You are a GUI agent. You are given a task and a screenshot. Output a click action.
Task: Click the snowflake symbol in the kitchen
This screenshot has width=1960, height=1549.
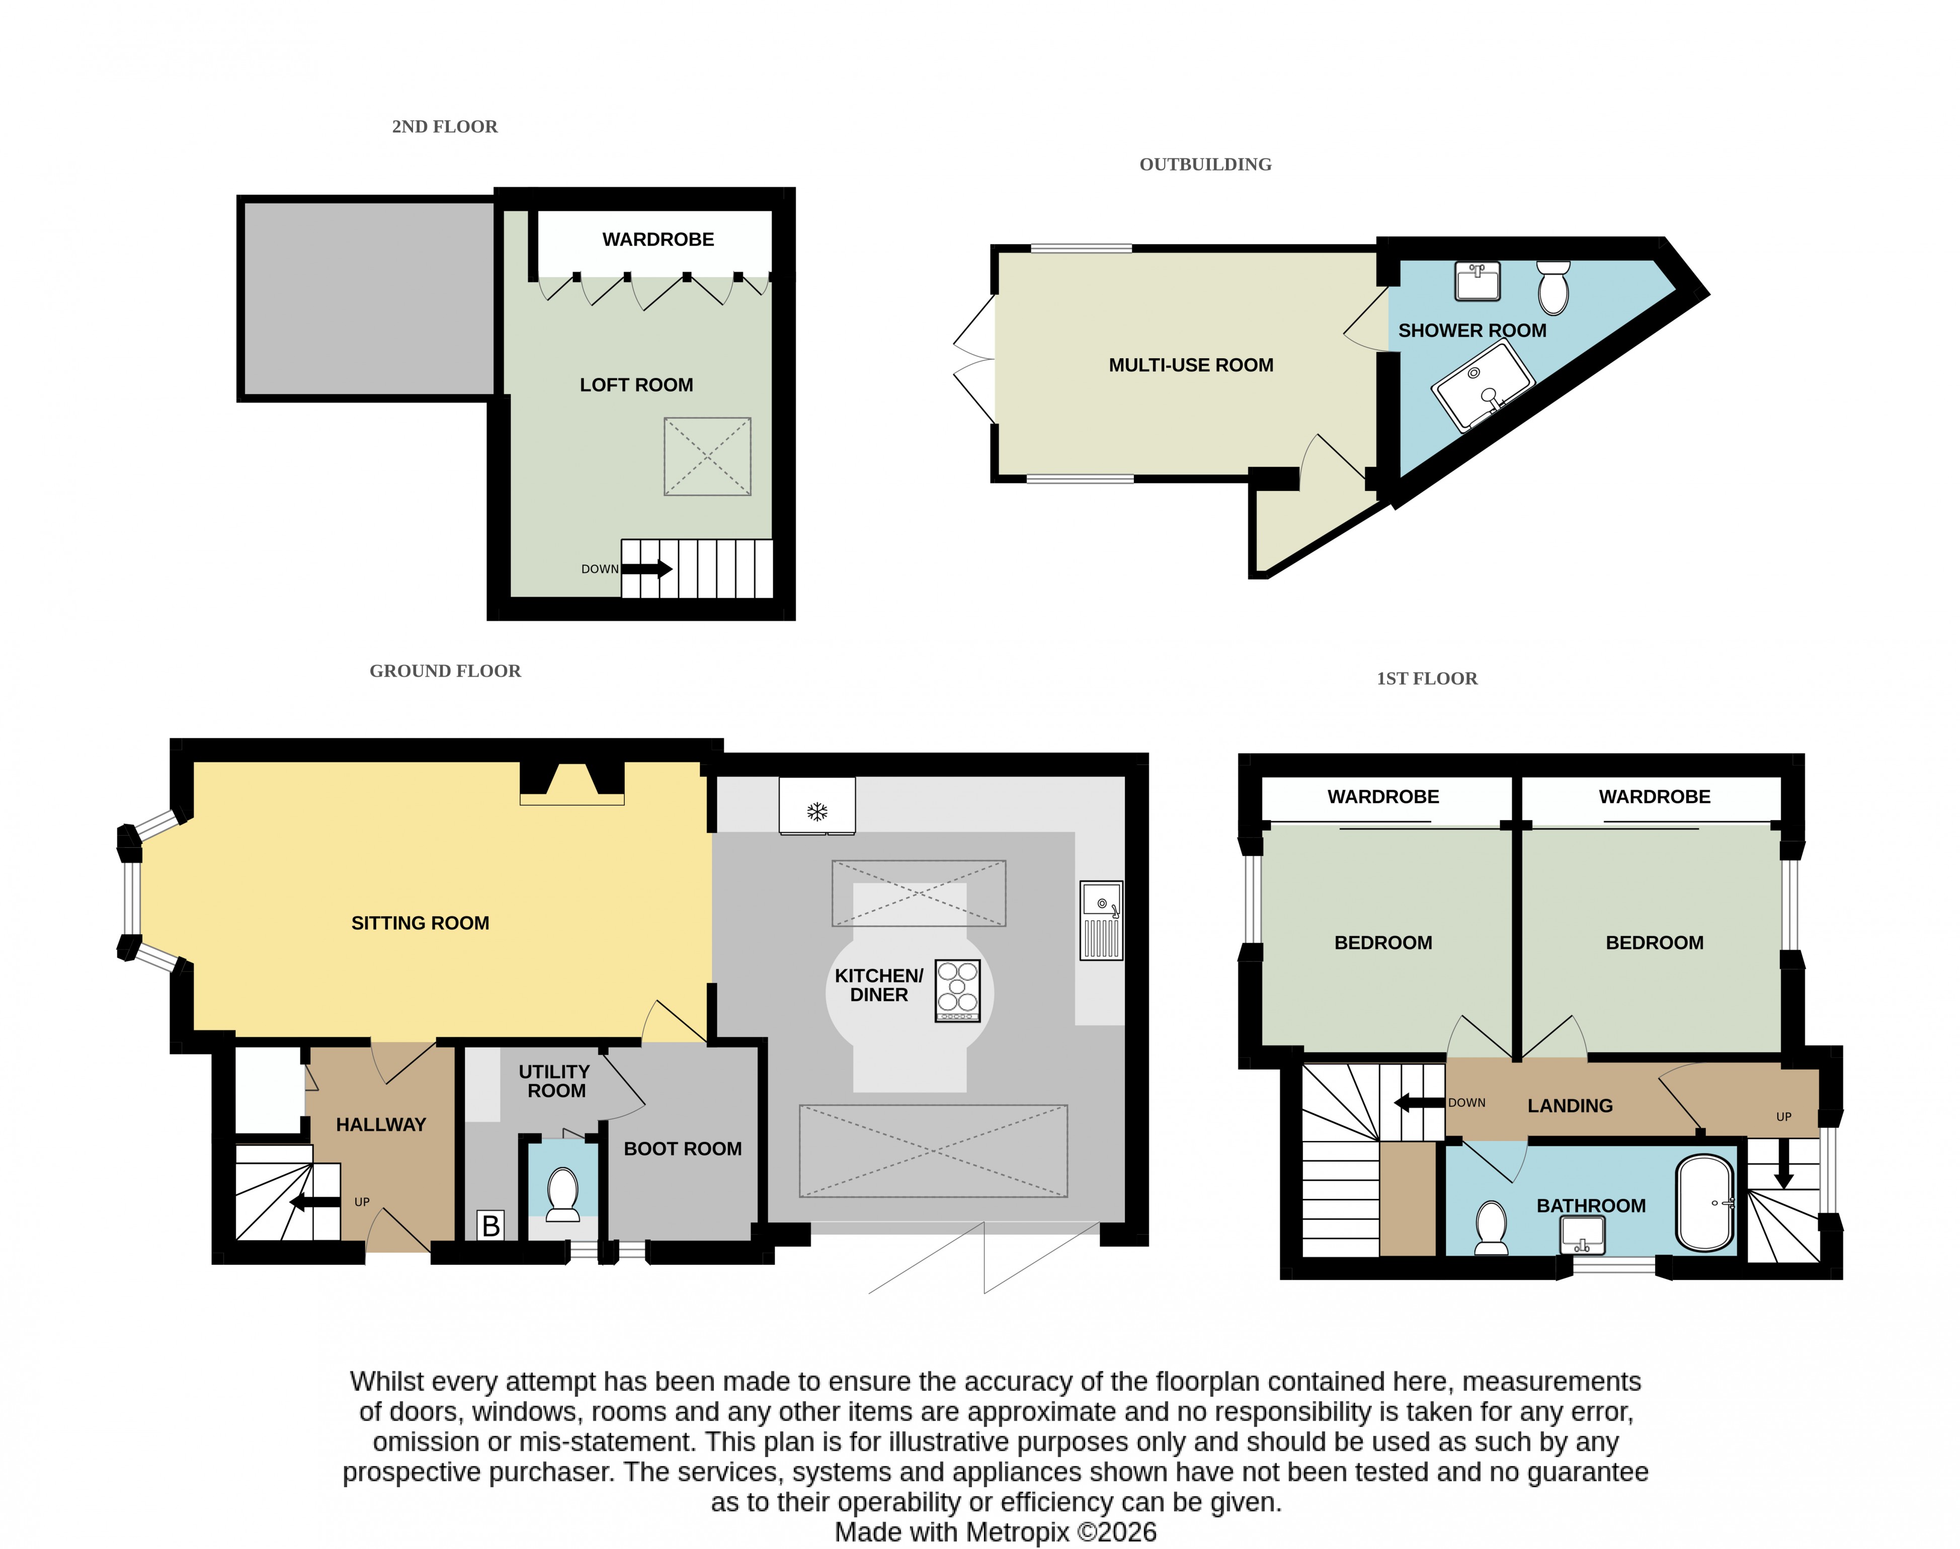pos(817,811)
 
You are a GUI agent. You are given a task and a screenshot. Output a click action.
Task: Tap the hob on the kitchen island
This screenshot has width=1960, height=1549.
pos(958,991)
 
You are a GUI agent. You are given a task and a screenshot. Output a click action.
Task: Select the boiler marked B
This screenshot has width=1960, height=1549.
pos(491,1225)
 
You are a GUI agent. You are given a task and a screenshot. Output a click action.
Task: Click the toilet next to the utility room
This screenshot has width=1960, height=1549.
pos(563,1193)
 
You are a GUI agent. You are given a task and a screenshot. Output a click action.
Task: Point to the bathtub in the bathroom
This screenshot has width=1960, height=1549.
pos(1705,1203)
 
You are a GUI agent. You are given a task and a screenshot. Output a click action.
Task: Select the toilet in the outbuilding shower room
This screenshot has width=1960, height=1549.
pos(1554,287)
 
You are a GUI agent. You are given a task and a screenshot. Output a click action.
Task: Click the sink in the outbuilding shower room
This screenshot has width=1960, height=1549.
pos(1478,280)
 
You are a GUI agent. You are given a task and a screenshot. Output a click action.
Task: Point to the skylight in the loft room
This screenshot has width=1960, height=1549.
pos(707,456)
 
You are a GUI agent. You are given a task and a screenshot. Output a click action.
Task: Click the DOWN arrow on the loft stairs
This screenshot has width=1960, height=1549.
pos(646,568)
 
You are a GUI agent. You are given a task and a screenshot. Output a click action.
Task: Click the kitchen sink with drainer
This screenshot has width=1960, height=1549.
pos(1101,920)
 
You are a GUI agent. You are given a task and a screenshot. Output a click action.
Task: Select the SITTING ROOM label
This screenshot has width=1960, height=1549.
pos(420,923)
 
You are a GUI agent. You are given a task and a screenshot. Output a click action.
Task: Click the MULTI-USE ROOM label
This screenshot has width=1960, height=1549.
pos(1191,365)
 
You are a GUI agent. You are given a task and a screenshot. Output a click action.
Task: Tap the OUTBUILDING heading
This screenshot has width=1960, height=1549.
pos(1205,164)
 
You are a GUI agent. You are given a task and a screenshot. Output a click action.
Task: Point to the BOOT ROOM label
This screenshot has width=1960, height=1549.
pos(683,1149)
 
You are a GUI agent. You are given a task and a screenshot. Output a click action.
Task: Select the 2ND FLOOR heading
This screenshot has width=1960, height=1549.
pos(444,127)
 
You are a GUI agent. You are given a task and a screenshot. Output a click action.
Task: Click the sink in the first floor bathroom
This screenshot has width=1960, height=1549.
pos(1583,1234)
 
